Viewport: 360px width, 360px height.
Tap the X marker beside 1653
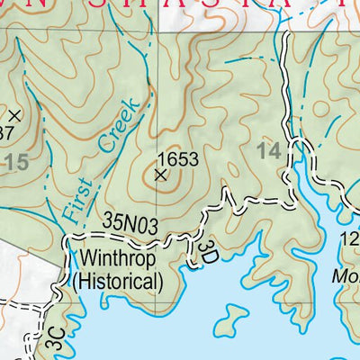pyautogui.click(x=161, y=175)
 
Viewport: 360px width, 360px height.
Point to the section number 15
pyautogui.click(x=15, y=162)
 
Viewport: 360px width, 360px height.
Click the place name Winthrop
pyautogui.click(x=117, y=261)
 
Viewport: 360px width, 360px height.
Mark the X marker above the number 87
pyautogui.click(x=13, y=115)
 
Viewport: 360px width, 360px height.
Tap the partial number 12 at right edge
pyautogui.click(x=351, y=238)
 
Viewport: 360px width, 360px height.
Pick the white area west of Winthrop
pyautogui.click(x=27, y=270)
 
